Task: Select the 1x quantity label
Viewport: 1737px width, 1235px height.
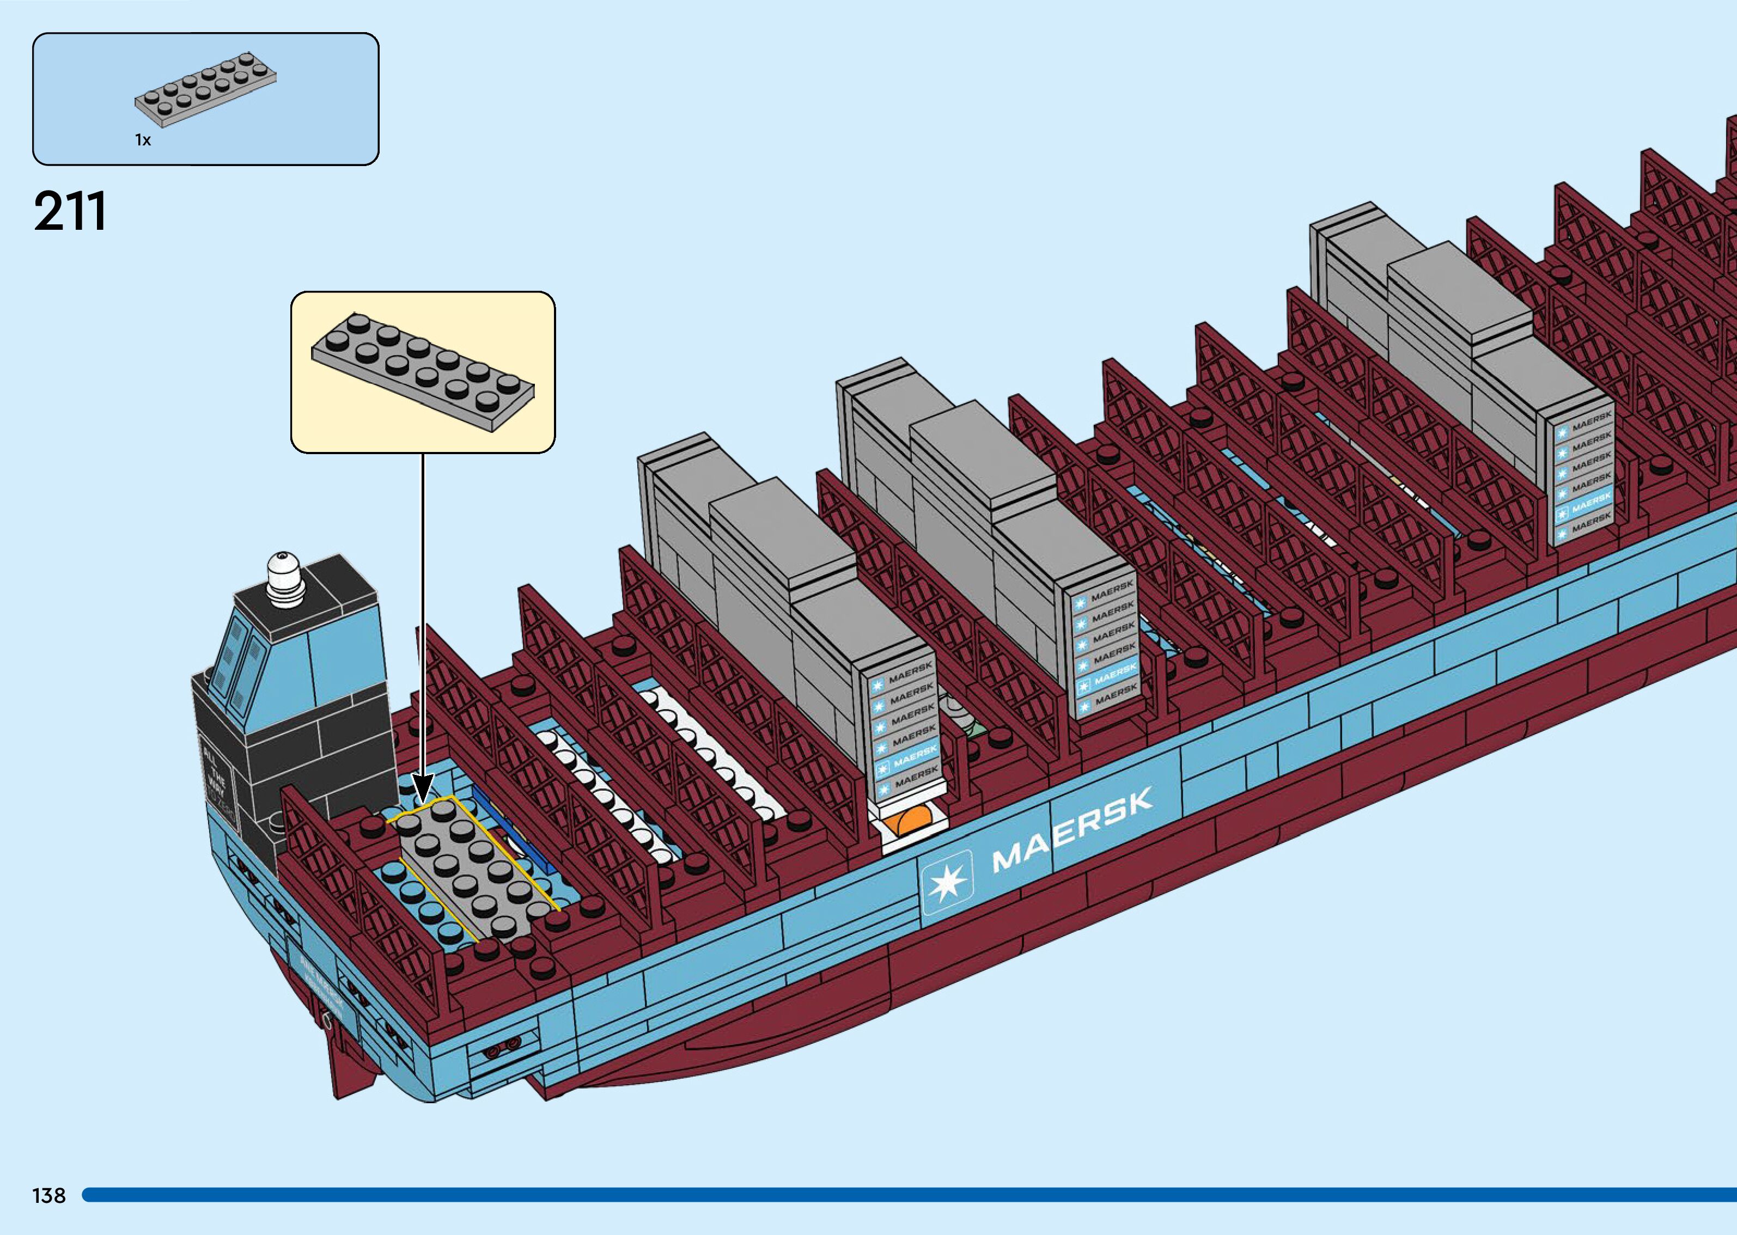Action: (x=143, y=140)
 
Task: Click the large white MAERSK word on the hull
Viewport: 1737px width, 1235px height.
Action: (x=1072, y=828)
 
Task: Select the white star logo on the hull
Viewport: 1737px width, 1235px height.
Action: (x=947, y=882)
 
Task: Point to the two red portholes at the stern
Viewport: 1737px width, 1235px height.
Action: (x=503, y=1048)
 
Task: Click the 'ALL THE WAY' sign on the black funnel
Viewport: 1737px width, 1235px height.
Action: (x=217, y=775)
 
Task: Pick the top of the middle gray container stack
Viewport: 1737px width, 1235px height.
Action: (x=981, y=449)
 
